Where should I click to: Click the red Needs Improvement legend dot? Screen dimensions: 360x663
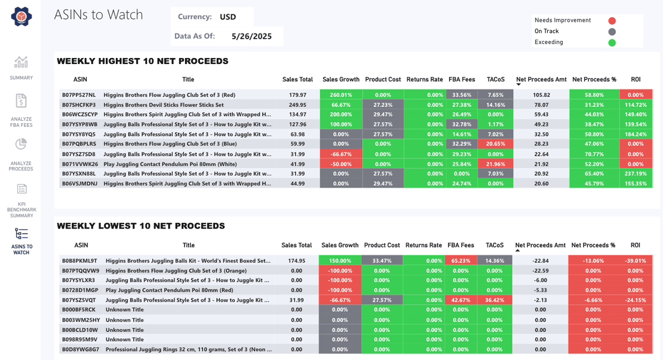click(612, 21)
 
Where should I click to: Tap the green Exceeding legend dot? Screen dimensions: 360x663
click(612, 42)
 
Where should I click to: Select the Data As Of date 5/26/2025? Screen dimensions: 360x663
click(251, 36)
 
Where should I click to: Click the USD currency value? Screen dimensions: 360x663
click(228, 17)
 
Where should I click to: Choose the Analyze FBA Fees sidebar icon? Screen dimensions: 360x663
click(21, 101)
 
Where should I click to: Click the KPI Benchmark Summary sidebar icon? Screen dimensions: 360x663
click(21, 189)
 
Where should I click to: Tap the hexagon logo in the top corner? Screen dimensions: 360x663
click(21, 17)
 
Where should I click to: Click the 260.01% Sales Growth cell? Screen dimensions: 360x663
click(341, 95)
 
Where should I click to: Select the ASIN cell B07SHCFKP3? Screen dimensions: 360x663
click(79, 105)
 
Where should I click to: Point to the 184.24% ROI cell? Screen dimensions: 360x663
click(635, 134)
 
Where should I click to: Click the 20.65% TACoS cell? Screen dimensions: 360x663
click(495, 144)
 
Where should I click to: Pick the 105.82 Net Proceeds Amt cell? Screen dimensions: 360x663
click(541, 95)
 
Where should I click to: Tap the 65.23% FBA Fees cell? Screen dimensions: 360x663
click(461, 260)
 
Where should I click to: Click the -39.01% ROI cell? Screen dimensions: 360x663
click(635, 260)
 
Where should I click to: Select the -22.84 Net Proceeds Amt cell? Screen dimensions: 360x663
click(540, 260)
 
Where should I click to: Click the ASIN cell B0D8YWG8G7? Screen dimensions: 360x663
click(81, 349)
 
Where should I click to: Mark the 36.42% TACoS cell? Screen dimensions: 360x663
click(495, 300)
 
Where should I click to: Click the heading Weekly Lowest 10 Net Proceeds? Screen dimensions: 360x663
click(141, 226)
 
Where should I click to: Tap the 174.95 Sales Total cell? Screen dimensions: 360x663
click(296, 260)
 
